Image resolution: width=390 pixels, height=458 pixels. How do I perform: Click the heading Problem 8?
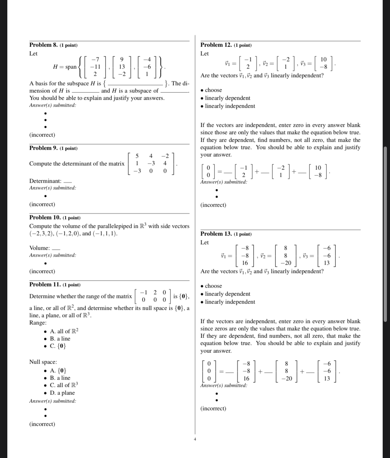[43, 45]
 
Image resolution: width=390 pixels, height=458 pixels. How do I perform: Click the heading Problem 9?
[43, 148]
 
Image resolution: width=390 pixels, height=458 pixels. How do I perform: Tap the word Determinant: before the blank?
[45, 181]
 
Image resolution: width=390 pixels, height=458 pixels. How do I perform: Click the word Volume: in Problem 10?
[40, 248]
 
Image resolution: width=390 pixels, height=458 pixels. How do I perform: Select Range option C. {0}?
[58, 346]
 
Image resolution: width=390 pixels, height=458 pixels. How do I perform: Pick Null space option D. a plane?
[62, 393]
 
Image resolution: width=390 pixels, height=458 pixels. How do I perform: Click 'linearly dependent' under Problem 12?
[227, 98]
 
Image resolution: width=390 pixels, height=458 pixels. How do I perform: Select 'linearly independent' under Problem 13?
[230, 302]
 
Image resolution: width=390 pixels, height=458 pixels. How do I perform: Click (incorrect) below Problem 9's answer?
[42, 204]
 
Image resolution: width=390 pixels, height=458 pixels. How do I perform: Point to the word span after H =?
[71, 67]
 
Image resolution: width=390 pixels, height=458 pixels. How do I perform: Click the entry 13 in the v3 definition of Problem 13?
[327, 263]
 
